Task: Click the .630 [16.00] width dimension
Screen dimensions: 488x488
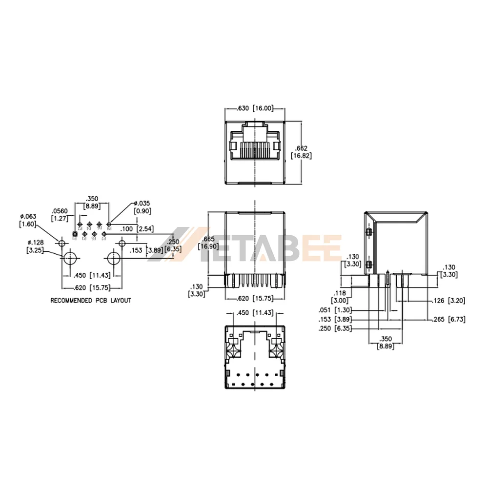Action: click(x=255, y=108)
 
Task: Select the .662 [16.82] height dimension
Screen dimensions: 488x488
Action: click(x=301, y=152)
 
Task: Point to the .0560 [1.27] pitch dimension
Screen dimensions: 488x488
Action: click(x=61, y=215)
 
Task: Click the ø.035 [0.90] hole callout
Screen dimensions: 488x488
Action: click(x=143, y=207)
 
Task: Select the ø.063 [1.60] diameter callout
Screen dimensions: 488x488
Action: click(x=28, y=220)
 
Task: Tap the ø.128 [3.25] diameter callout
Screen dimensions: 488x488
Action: click(x=35, y=246)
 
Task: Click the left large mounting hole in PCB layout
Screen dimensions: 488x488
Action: click(x=70, y=259)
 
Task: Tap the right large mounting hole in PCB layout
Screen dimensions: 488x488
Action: click(x=114, y=259)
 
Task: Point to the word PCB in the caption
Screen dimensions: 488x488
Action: click(x=101, y=301)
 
